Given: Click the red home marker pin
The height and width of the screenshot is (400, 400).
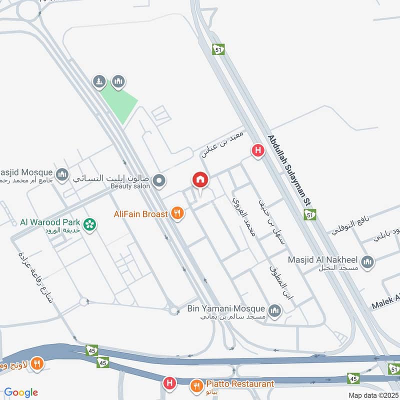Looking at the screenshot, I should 200,180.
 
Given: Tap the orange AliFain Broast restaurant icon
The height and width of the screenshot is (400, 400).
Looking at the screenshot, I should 176,214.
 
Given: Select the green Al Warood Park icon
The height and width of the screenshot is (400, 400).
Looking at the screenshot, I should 90,224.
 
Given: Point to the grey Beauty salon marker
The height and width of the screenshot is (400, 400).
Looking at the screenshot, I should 159,180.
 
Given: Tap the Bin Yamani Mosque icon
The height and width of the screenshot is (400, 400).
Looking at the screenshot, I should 274,311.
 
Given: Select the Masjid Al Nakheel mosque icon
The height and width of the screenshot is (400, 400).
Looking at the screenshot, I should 367,262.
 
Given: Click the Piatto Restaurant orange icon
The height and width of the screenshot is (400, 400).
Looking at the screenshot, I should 196,386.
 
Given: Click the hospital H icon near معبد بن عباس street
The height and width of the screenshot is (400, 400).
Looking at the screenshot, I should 258,150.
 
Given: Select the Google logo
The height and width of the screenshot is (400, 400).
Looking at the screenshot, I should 21,392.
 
